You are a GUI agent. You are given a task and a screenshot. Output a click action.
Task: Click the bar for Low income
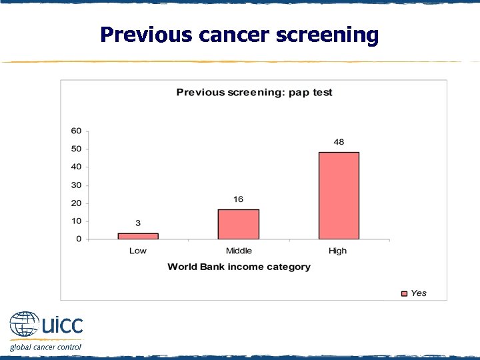[x=138, y=235]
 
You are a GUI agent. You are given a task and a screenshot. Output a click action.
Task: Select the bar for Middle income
[x=238, y=224]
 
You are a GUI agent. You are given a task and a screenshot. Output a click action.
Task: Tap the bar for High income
[x=339, y=195]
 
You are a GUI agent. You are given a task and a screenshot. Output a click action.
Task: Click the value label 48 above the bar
[x=339, y=143]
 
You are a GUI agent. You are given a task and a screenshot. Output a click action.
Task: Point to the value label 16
[x=238, y=199]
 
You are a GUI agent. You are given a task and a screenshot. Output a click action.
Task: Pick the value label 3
[x=138, y=223]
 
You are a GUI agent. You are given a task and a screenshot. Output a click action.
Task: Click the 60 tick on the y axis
[x=77, y=131]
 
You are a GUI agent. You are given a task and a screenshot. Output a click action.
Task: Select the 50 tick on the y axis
[x=77, y=149]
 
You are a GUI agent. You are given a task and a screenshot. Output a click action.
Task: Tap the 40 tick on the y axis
[x=77, y=167]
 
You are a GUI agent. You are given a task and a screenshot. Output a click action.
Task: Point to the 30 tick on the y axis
[x=77, y=185]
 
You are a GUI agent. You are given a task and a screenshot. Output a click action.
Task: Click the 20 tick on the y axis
[x=77, y=203]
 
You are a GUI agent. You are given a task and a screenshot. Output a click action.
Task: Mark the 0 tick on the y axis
[x=79, y=239]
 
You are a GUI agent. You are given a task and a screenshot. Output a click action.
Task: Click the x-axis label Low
[x=138, y=251]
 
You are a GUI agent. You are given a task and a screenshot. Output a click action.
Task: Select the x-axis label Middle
[x=239, y=251]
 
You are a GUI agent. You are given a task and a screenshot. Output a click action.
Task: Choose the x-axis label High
[x=338, y=251]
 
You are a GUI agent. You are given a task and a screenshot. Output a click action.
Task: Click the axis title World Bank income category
[x=239, y=267]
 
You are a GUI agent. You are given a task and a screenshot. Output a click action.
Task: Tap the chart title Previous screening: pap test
[x=254, y=92]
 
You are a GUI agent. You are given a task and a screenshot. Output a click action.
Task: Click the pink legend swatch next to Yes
[x=403, y=293]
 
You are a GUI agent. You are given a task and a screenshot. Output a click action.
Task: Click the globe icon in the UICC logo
[x=24, y=326]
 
